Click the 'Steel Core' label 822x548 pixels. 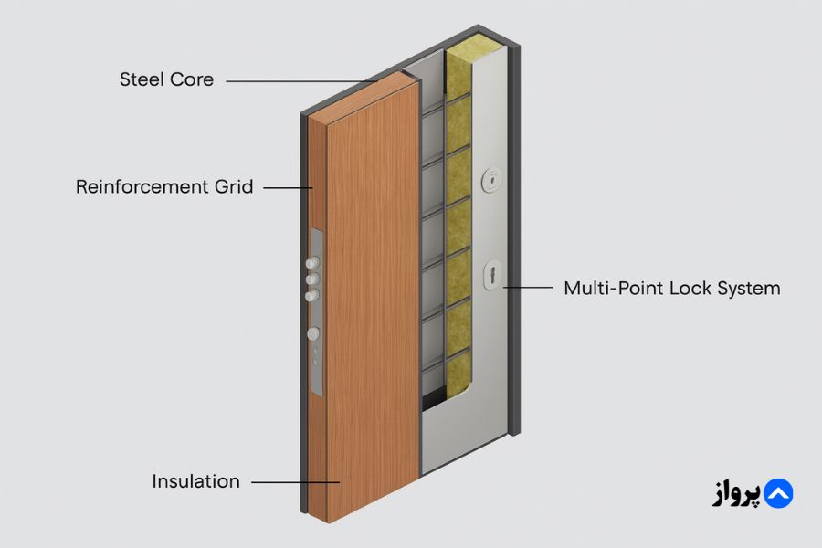tap(166, 79)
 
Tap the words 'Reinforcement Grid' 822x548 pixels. tap(164, 187)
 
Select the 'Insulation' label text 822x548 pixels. tap(196, 481)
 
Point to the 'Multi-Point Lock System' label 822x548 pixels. tap(671, 289)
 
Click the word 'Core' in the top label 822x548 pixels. tap(192, 79)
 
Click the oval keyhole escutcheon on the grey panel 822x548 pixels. tap(494, 273)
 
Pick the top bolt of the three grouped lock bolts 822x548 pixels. tap(312, 265)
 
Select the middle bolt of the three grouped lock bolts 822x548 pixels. tap(313, 279)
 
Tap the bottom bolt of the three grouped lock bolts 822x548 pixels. tap(313, 294)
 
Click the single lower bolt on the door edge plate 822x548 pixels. tap(313, 334)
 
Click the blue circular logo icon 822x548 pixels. tap(778, 493)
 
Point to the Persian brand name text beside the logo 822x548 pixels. tap(735, 494)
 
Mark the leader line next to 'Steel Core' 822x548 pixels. tap(301, 81)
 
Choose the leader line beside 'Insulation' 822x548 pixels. tap(294, 482)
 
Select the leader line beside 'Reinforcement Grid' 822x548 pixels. tap(288, 188)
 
